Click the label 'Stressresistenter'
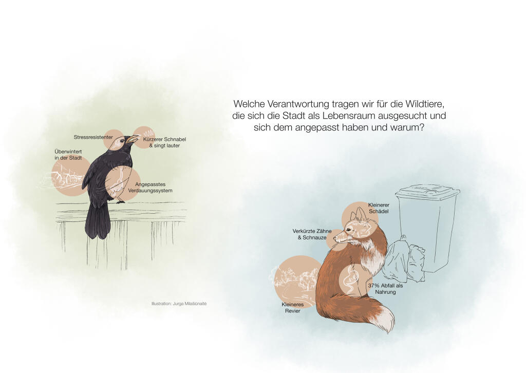[93, 137]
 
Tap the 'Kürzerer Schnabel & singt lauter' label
[164, 142]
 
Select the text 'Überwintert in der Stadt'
[68, 155]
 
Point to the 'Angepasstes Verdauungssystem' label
[151, 188]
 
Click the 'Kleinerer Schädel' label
[379, 208]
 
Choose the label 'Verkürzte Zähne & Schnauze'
[312, 234]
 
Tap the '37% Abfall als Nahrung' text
[385, 289]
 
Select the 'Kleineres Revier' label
[292, 308]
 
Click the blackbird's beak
[133, 139]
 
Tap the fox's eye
[349, 230]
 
